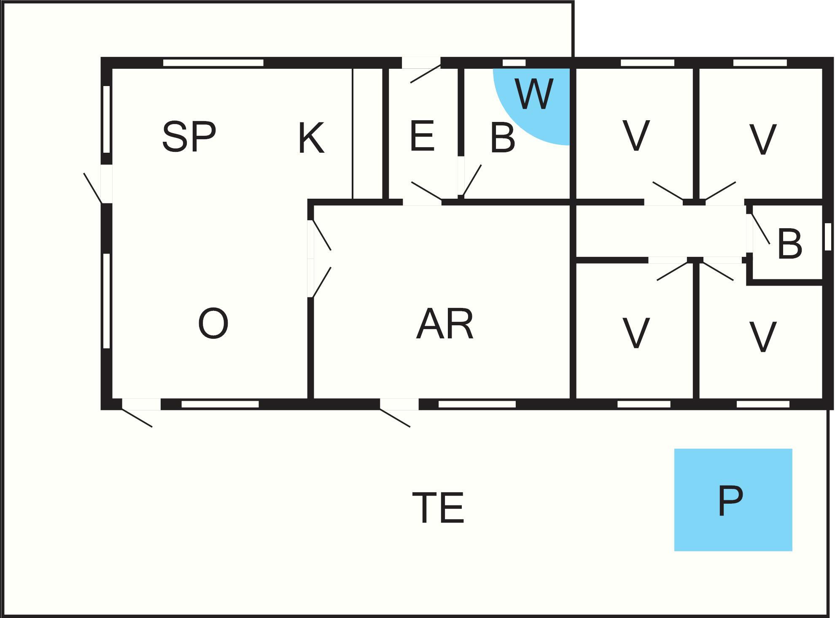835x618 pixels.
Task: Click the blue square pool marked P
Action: click(733, 500)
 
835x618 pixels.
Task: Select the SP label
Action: click(189, 137)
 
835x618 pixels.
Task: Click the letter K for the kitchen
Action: click(311, 138)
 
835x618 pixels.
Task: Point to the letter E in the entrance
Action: click(422, 135)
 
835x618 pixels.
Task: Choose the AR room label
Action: click(445, 324)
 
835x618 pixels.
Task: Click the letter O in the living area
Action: click(213, 323)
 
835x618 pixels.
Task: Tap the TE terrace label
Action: click(438, 507)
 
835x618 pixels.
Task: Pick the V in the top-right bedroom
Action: click(762, 139)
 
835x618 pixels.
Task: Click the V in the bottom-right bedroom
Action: click(762, 337)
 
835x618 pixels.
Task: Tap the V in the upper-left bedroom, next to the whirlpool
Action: click(636, 135)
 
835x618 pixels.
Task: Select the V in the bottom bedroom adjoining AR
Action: click(636, 333)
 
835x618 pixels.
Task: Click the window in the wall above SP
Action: click(213, 63)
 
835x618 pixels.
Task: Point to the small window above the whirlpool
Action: click(514, 63)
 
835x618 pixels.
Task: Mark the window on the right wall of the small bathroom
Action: click(828, 237)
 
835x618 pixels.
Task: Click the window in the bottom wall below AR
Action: click(477, 404)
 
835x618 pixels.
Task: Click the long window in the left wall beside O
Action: click(107, 301)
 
